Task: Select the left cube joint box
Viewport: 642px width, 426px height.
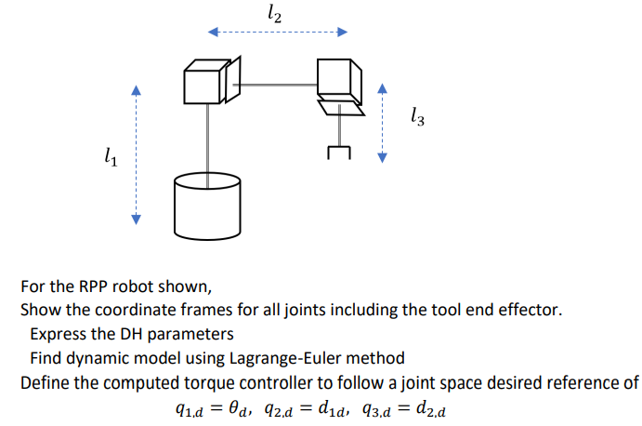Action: click(x=203, y=81)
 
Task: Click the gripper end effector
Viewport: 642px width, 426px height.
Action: click(x=339, y=150)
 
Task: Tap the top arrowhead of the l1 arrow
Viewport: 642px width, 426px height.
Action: click(x=136, y=90)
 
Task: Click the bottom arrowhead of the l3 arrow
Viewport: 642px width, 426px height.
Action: click(x=380, y=157)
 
